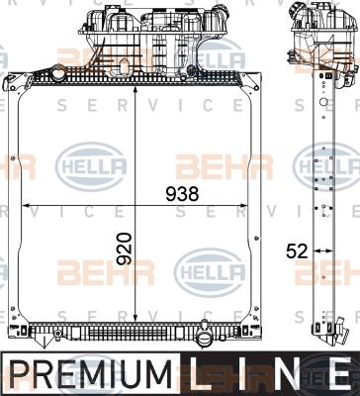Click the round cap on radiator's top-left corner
[x=61, y=73]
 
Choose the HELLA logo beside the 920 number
[x=207, y=266]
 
